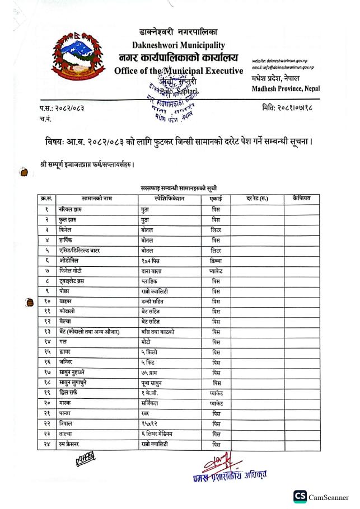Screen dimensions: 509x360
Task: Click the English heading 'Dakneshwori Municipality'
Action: pyautogui.click(x=179, y=45)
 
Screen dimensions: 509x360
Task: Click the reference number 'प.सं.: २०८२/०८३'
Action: pyautogui.click(x=62, y=107)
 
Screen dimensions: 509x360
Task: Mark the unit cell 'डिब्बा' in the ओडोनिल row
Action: pyautogui.click(x=216, y=261)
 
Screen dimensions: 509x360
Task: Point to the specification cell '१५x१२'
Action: pyautogui.click(x=150, y=424)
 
